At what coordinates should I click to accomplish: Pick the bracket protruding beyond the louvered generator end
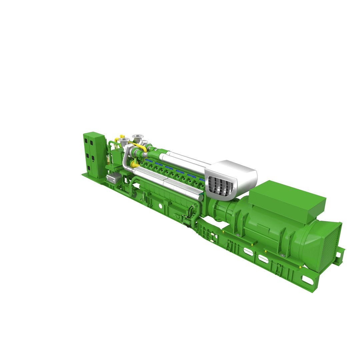pyautogui.click(x=340, y=255)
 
